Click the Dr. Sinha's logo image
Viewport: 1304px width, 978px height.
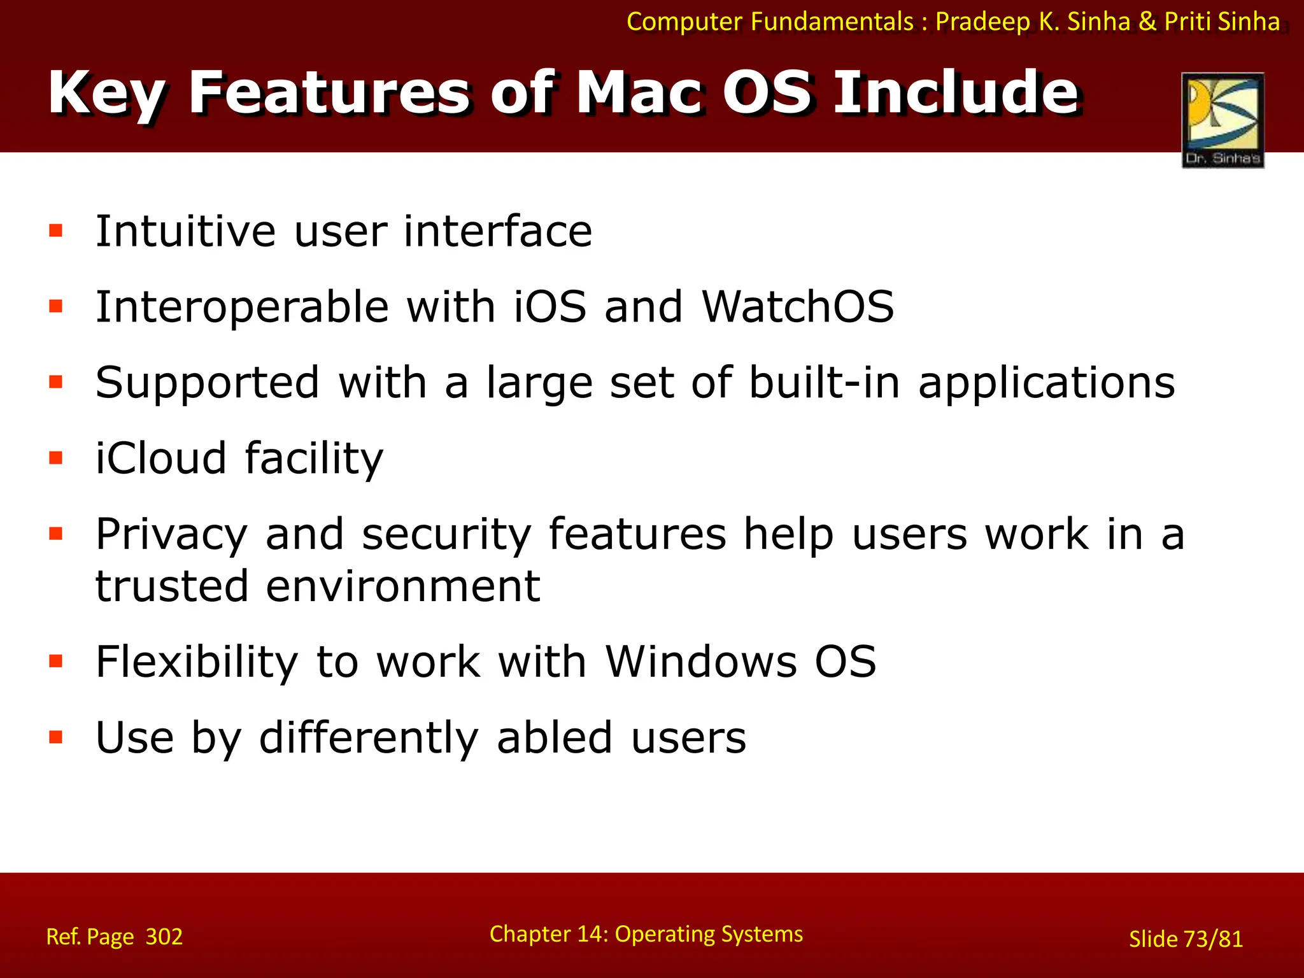[1222, 119]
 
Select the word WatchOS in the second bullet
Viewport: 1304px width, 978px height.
[798, 307]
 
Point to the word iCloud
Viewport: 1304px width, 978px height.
[161, 458]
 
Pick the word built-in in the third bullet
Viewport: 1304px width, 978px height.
[824, 383]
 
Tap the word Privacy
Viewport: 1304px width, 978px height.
[171, 535]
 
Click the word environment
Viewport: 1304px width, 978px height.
[402, 586]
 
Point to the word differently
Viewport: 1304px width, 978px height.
[369, 738]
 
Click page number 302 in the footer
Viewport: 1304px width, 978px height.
[164, 937]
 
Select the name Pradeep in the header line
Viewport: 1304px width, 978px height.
[982, 22]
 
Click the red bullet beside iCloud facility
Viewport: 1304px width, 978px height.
[56, 458]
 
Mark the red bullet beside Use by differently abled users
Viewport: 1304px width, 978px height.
[56, 737]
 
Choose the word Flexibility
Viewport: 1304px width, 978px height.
[197, 662]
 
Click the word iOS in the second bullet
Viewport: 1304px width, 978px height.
[549, 307]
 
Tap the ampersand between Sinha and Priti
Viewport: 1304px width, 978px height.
[1147, 22]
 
